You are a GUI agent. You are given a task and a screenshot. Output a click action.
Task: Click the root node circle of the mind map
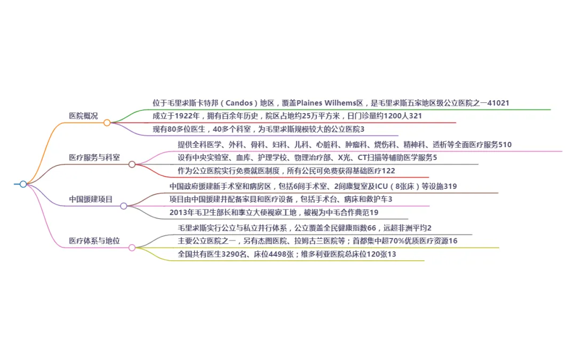coord(23,184)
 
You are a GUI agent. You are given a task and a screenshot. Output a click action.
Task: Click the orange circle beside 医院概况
coord(107,123)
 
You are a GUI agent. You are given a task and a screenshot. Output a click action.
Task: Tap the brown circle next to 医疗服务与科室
coord(132,165)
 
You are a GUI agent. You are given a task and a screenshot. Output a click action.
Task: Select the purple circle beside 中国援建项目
coord(123,206)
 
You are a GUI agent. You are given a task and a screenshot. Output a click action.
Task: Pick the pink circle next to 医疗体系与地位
coord(132,247)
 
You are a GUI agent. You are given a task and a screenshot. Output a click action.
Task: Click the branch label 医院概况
coord(83,116)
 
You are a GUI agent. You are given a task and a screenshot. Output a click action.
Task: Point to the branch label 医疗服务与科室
coord(94,157)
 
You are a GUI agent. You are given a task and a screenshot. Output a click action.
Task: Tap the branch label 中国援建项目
coord(91,199)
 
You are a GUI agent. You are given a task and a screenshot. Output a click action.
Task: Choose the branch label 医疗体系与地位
coord(94,241)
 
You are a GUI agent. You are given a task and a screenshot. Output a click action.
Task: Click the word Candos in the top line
coord(239,103)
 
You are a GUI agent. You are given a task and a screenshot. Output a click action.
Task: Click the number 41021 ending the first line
coord(498,103)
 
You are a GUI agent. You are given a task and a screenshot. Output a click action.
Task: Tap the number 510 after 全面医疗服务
coord(505,145)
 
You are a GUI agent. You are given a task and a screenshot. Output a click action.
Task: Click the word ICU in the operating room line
coord(381,186)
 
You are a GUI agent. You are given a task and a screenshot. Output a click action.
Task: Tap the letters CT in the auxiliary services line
coord(362,157)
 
